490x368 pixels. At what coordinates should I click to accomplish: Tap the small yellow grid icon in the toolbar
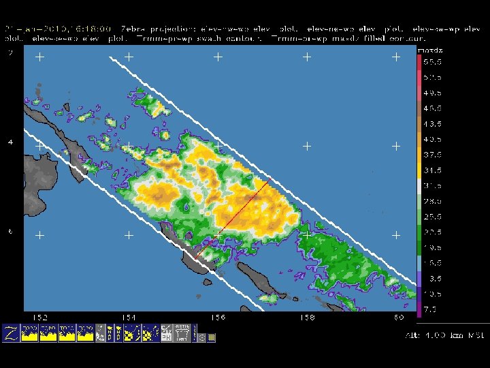tap(212, 337)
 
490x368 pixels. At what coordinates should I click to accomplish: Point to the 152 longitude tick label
tap(40, 318)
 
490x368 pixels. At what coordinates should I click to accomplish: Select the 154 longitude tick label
tap(129, 318)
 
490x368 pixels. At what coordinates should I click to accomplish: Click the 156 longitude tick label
tap(218, 318)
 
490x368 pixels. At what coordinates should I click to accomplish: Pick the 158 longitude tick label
tap(307, 318)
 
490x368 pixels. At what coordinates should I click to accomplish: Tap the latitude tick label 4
tap(10, 142)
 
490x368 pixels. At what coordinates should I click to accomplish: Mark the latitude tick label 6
tap(10, 232)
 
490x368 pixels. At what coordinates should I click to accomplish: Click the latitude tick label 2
tap(10, 53)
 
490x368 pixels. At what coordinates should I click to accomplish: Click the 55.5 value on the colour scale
tap(432, 61)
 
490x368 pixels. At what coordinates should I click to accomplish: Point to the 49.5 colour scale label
tap(432, 93)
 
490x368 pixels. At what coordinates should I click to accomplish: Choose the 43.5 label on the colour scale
tap(432, 123)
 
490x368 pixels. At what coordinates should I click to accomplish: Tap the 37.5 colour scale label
tap(432, 155)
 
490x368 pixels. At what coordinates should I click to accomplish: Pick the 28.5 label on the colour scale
tap(432, 201)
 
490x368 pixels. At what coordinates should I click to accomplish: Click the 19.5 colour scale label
tap(432, 247)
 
